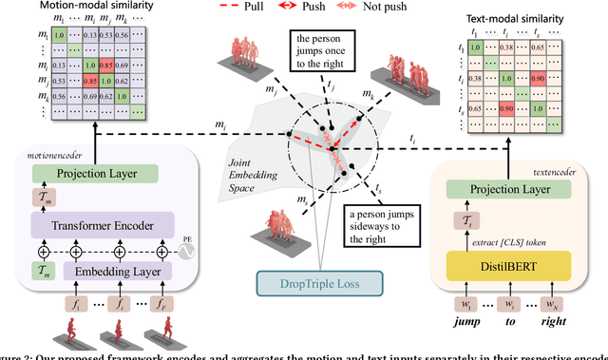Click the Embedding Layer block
pos(120,273)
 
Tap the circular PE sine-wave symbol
pos(188,254)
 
